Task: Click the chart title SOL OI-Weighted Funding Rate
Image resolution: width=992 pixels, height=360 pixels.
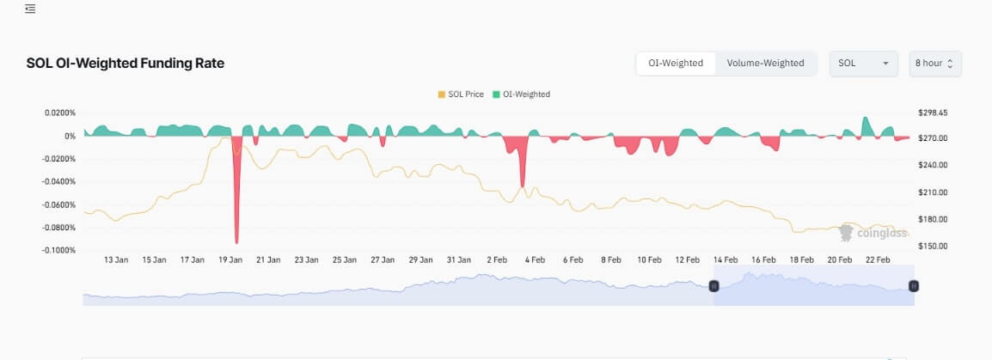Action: pyautogui.click(x=126, y=64)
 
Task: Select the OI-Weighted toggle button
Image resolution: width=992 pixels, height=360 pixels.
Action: pyautogui.click(x=676, y=64)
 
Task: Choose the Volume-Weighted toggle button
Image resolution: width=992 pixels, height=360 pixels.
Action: pyautogui.click(x=765, y=64)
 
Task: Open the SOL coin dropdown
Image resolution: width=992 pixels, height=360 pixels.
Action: pyautogui.click(x=863, y=64)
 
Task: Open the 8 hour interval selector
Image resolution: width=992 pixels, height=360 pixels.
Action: pyautogui.click(x=934, y=64)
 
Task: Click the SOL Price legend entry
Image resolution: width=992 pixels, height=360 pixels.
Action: pyautogui.click(x=462, y=95)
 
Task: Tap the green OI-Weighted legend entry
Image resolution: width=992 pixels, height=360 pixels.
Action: pyautogui.click(x=521, y=95)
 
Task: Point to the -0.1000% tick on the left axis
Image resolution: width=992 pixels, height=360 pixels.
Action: pyautogui.click(x=58, y=250)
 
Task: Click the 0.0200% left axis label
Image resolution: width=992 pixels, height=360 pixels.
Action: pyautogui.click(x=58, y=113)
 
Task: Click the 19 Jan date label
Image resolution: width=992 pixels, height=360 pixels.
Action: pyautogui.click(x=230, y=259)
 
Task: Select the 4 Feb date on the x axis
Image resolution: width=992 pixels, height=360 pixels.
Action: pyautogui.click(x=536, y=259)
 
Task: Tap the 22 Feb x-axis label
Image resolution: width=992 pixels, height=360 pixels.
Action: pyautogui.click(x=878, y=259)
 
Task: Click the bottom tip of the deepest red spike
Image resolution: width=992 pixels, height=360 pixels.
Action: pyautogui.click(x=236, y=242)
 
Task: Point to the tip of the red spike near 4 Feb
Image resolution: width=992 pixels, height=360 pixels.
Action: pyautogui.click(x=522, y=186)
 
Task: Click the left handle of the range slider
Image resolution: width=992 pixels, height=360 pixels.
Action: pyautogui.click(x=713, y=286)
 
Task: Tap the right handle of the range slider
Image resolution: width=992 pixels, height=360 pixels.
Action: pyautogui.click(x=914, y=286)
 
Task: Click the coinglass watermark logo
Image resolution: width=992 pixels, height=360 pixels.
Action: pyautogui.click(x=869, y=232)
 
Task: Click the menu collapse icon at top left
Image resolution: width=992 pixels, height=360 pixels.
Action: pyautogui.click(x=30, y=9)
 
